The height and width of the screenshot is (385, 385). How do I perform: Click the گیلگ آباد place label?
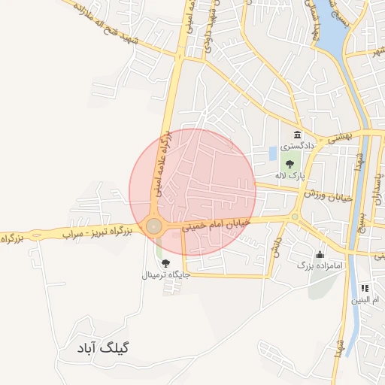coord(103,349)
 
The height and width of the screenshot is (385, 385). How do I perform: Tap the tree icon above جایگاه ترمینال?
coord(165,262)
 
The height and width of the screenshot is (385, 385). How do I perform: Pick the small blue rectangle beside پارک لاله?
coord(272,153)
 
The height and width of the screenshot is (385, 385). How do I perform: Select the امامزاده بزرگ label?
coord(320,265)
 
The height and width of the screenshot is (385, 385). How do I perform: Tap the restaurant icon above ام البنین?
coord(365,287)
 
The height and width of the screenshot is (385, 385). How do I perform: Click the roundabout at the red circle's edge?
coord(154,226)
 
